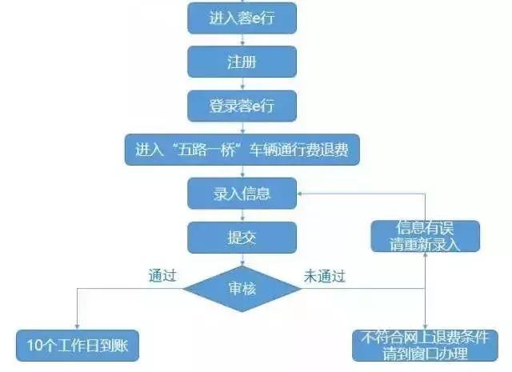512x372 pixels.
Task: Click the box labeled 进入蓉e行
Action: point(242,17)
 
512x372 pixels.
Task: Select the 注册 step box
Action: point(242,61)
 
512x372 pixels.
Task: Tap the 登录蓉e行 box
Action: point(242,105)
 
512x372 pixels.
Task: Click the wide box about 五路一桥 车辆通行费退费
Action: point(242,149)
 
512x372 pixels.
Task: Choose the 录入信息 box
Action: point(242,193)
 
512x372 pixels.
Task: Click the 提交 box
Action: point(242,238)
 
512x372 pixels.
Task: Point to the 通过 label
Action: point(162,276)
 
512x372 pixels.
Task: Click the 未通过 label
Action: point(324,276)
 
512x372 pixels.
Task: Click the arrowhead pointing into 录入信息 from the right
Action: point(302,193)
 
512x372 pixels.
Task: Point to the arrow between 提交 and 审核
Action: point(242,259)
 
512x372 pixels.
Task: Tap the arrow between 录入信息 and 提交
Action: point(242,215)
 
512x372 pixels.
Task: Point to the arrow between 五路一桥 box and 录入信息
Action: point(242,171)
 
